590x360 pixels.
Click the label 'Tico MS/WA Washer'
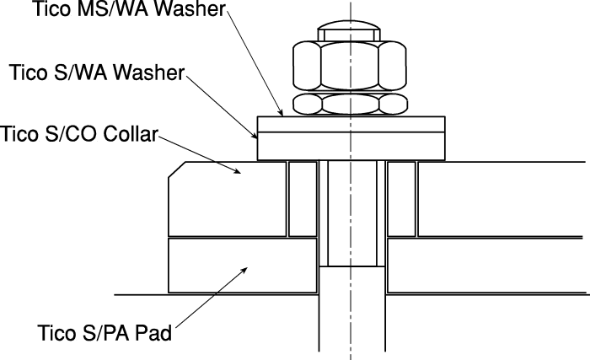130,8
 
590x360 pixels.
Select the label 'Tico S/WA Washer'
97,72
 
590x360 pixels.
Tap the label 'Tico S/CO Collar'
78,134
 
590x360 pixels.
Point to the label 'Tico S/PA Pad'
105,332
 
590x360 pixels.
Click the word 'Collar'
130,134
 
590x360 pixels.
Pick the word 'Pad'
153,332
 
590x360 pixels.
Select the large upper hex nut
350,66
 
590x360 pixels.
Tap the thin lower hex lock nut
351,104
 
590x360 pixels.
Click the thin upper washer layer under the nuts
351,124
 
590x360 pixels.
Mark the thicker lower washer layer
351,146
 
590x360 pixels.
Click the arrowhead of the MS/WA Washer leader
281,113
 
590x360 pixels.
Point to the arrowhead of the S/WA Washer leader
255,136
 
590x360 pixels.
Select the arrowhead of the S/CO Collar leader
237,171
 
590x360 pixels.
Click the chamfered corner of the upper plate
176,169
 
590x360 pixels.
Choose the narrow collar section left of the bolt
303,199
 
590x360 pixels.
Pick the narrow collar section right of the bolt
401,199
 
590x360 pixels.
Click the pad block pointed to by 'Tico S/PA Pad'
243,266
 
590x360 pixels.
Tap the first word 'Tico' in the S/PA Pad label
56,332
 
